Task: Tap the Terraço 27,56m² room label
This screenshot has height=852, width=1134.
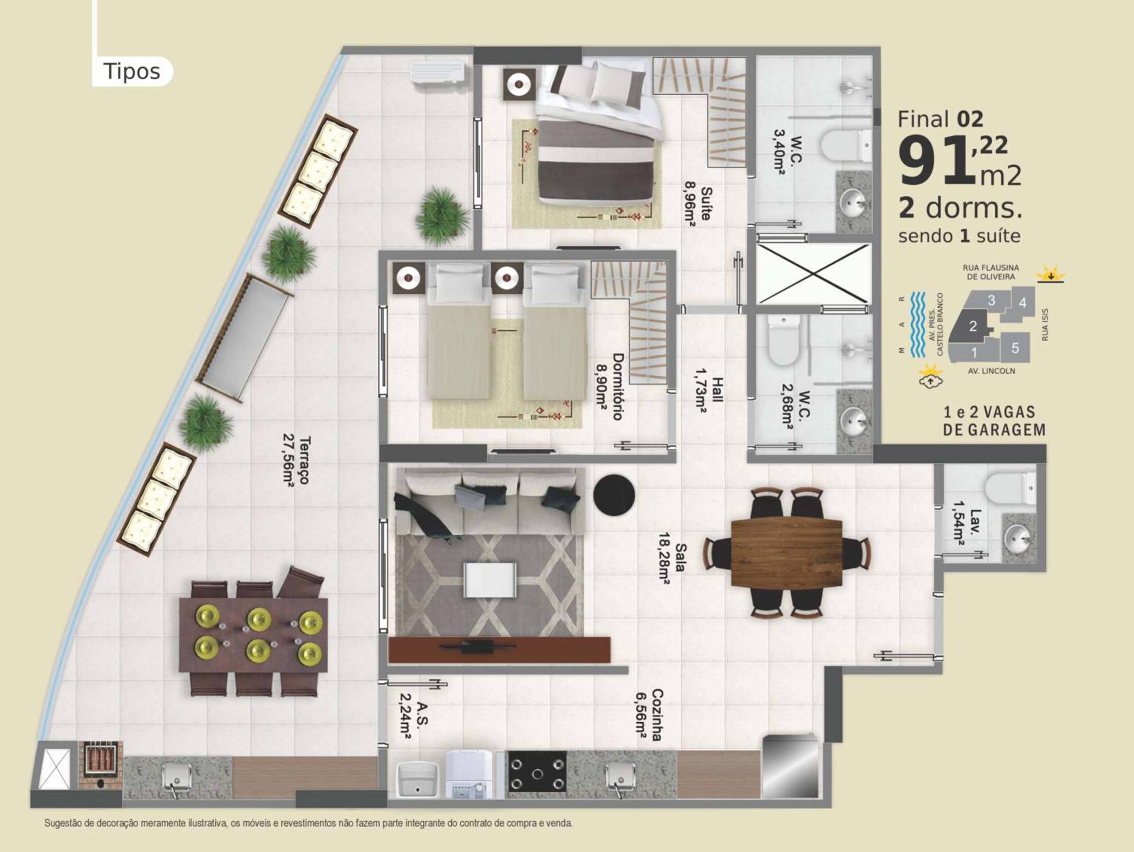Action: pos(297,460)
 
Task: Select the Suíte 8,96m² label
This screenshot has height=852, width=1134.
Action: pos(698,204)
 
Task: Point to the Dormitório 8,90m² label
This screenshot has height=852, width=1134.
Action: pos(610,386)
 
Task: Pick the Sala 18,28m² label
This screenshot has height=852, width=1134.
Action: pos(672,557)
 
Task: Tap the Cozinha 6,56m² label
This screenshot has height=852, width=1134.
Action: pos(649,715)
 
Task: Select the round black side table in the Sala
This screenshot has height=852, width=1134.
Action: pos(614,495)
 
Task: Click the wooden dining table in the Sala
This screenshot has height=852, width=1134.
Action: pos(786,552)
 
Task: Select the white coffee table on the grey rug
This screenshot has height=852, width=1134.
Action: pos(489,580)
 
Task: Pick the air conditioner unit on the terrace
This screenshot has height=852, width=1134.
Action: pos(437,72)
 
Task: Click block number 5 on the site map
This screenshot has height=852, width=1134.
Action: pos(1015,348)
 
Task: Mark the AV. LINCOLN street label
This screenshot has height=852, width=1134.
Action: pos(991,371)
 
